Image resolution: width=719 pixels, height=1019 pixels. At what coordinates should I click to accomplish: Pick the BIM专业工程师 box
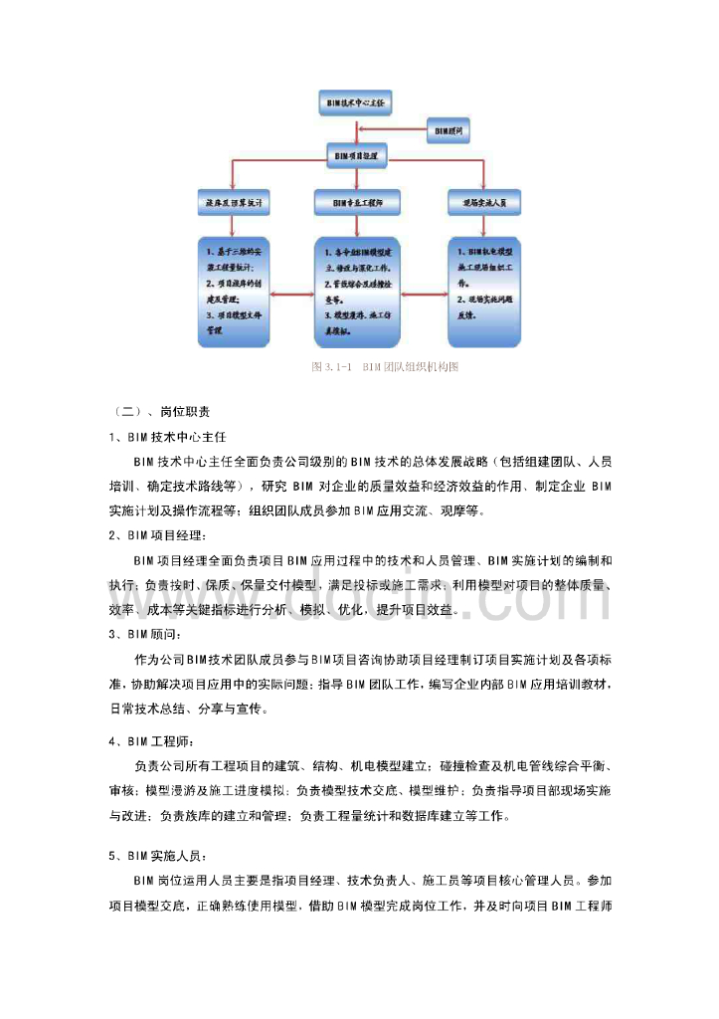point(358,202)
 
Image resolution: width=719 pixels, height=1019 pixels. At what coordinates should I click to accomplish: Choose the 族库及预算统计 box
point(233,202)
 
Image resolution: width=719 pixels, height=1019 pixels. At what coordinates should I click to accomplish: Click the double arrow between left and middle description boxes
point(291,294)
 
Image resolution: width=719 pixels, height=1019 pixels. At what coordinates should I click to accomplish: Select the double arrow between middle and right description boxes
point(423,294)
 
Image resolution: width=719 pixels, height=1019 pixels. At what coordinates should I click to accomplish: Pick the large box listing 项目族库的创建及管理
point(233,292)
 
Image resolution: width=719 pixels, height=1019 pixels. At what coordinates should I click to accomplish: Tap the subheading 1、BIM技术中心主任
point(168,437)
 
